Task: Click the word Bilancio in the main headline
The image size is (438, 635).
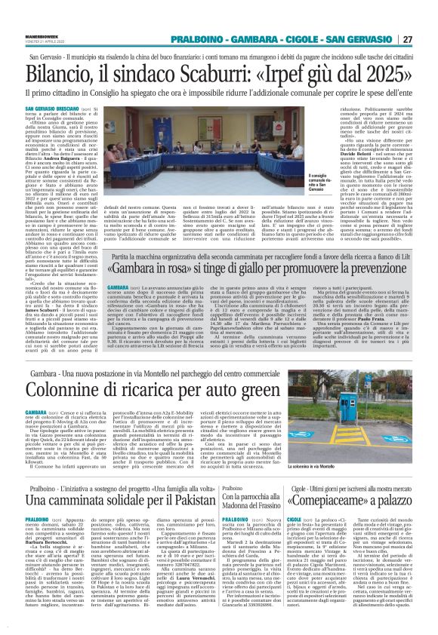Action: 61,75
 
